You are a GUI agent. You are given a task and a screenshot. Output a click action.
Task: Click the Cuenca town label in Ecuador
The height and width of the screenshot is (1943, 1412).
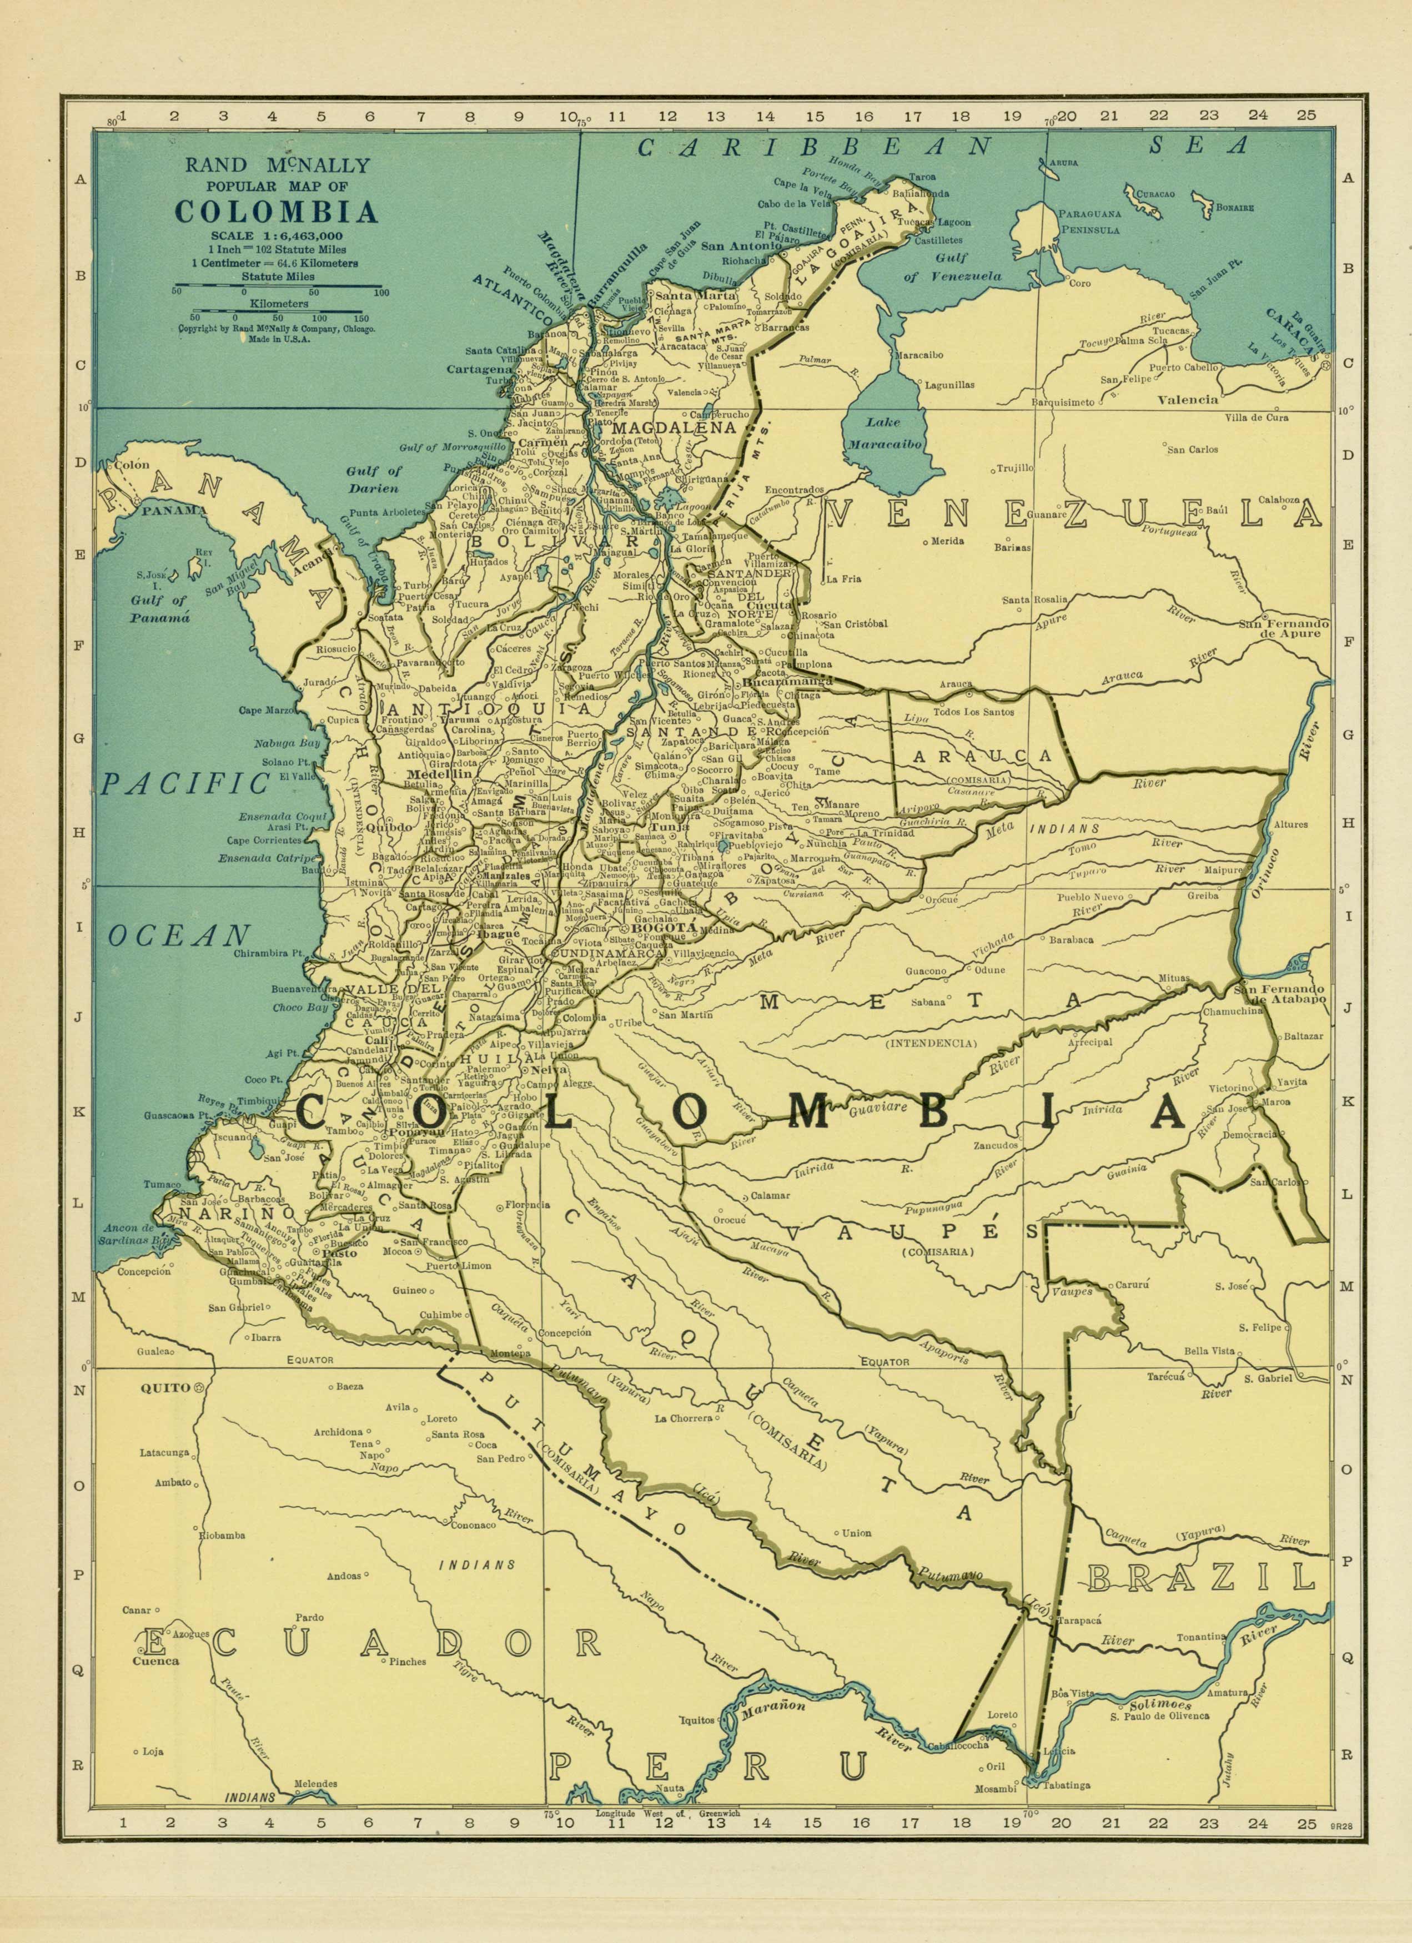(x=156, y=1660)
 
